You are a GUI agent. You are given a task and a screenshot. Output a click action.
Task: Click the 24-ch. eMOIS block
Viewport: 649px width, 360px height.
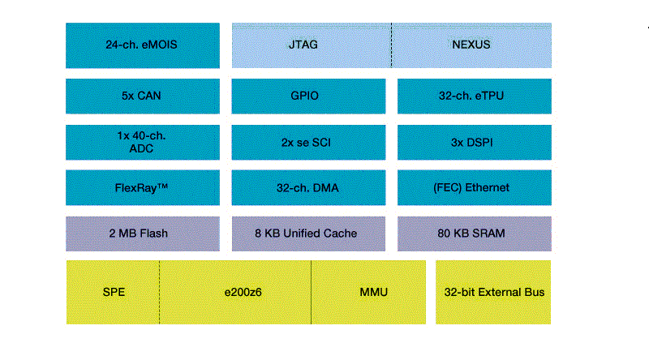[142, 45]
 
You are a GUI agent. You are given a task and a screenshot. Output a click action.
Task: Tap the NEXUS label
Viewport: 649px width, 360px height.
[471, 45]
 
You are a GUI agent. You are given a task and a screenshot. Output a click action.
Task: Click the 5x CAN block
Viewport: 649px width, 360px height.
[142, 96]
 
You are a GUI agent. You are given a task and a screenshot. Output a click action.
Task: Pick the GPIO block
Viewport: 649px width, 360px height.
[304, 96]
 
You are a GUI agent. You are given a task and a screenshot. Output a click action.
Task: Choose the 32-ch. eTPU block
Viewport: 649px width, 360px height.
[474, 96]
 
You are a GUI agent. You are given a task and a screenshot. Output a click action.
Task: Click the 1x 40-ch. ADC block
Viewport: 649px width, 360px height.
[142, 142]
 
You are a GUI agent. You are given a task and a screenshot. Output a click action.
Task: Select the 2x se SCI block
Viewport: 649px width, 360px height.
[304, 142]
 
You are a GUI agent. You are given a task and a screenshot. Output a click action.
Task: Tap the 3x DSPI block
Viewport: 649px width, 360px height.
[474, 142]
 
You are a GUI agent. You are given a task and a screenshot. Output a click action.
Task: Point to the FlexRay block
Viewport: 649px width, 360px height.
[142, 187]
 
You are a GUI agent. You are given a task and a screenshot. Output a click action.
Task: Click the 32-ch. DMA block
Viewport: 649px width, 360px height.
[304, 187]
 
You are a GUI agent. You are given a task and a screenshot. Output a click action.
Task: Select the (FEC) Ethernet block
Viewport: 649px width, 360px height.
[474, 187]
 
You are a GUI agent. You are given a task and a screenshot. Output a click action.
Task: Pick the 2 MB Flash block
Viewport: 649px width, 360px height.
[142, 234]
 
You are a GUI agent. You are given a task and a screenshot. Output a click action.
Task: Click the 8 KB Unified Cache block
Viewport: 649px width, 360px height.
[304, 234]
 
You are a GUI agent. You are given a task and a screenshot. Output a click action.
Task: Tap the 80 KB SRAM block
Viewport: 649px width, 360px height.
[474, 234]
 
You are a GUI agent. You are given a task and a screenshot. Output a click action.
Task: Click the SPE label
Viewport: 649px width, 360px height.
[113, 292]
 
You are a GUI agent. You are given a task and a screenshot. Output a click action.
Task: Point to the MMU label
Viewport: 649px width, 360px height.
[373, 292]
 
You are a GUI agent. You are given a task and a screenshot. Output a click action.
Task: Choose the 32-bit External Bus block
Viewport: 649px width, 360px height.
[493, 292]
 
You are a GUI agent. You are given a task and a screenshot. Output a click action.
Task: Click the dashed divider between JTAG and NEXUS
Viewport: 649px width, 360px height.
[391, 45]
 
